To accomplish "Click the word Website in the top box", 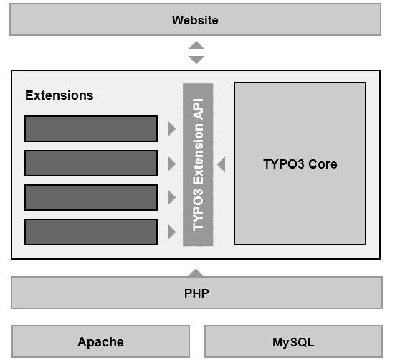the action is (195, 20).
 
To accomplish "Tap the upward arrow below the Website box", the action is (196, 45).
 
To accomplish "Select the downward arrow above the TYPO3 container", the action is (196, 60).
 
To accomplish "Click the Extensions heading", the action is (60, 95).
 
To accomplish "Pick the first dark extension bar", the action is (91, 129).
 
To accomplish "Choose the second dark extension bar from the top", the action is (91, 163).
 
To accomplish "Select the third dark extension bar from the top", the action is (91, 197).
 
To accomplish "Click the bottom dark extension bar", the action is (91, 232).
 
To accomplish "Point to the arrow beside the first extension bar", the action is (171, 129).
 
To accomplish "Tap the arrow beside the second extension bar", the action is (171, 164).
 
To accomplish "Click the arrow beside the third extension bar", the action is (171, 197).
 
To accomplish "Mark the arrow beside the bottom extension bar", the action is (171, 232).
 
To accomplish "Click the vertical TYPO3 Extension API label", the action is (198, 164).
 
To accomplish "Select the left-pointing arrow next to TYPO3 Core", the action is (222, 164).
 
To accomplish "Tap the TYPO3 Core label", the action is (300, 164).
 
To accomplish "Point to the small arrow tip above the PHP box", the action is (196, 273).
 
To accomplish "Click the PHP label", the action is (196, 293).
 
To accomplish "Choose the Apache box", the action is (100, 341).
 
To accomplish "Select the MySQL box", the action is (293, 341).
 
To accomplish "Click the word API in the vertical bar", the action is (198, 109).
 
